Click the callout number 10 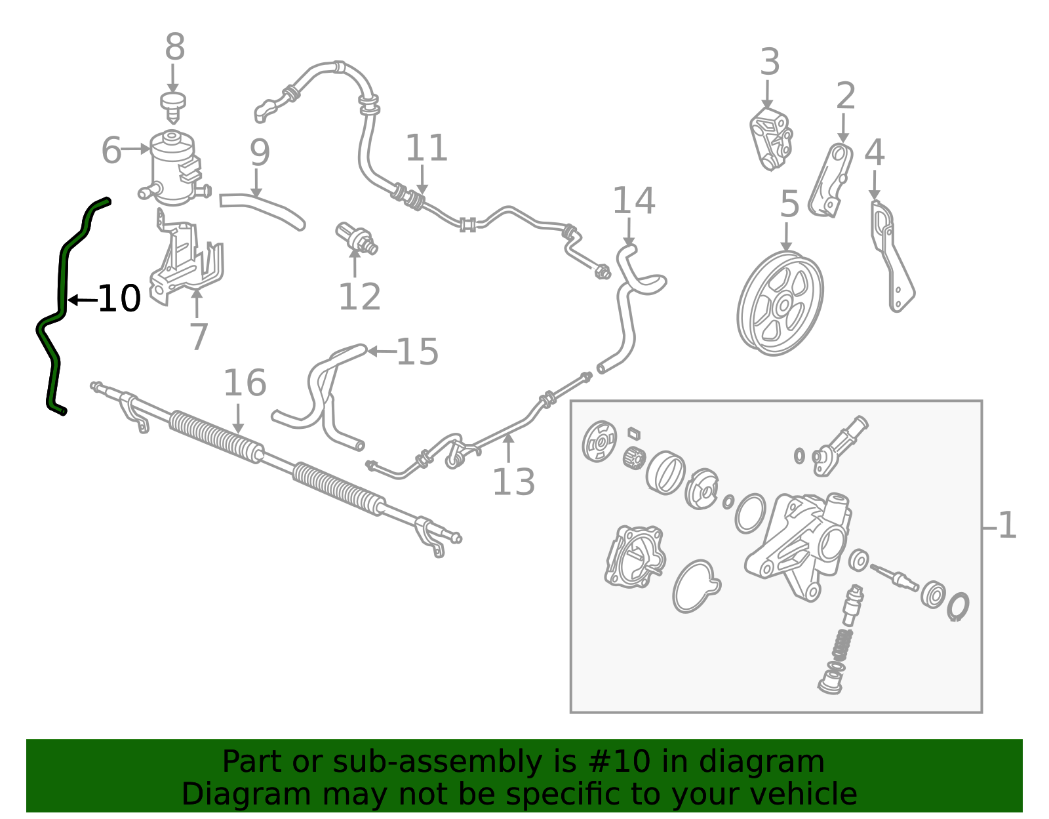click(x=119, y=298)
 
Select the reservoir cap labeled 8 click(x=172, y=107)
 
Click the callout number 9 click(x=260, y=153)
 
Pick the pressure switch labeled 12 click(x=356, y=239)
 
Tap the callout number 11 click(x=426, y=148)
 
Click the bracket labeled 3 click(x=772, y=139)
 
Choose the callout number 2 click(x=845, y=96)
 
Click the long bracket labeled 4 click(x=892, y=256)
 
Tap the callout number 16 click(x=245, y=383)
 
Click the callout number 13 click(x=513, y=482)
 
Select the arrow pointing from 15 click(x=382, y=351)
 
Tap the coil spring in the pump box click(x=842, y=644)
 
